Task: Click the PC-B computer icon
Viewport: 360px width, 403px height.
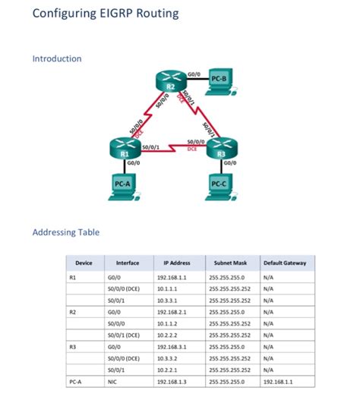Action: tap(219, 81)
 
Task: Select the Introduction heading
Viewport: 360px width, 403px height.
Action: tap(57, 58)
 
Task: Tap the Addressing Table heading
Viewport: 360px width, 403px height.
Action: tap(66, 232)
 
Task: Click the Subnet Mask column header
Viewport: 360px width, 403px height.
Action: tap(228, 263)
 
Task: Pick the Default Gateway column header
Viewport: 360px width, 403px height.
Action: tap(285, 263)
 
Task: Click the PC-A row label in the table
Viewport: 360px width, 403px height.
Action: tap(75, 383)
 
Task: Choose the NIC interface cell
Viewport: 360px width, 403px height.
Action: tap(113, 383)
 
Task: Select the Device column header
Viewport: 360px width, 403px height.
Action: tap(84, 263)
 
